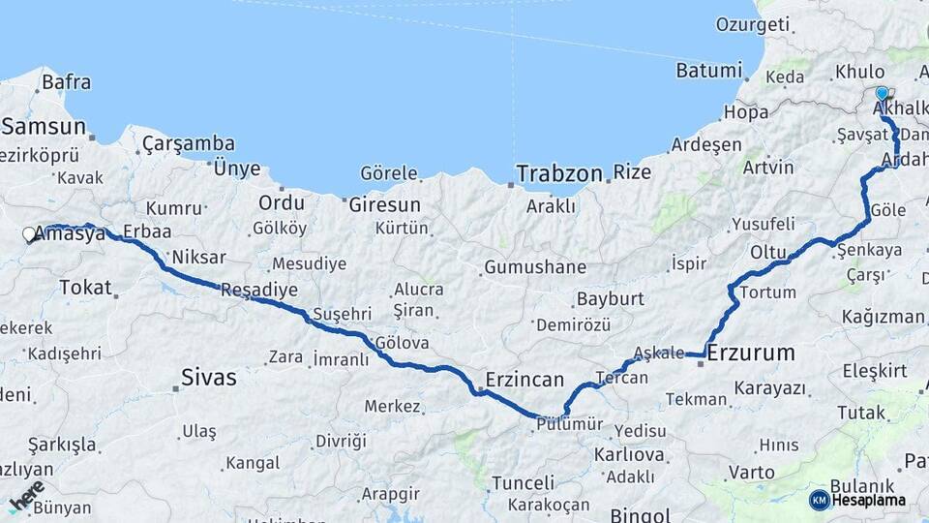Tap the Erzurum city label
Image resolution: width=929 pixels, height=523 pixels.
coord(751,353)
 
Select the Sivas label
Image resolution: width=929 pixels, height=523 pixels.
coord(209,377)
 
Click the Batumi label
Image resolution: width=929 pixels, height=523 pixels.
coord(709,70)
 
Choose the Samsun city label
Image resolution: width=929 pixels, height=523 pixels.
coord(45,126)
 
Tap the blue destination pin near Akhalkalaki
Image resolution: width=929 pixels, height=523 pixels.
coord(882,94)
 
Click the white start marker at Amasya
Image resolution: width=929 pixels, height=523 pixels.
coord(29,234)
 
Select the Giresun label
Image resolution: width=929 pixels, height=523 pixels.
coord(385,204)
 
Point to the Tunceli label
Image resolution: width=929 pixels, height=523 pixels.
coord(523,482)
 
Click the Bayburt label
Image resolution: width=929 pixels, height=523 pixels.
coord(610,298)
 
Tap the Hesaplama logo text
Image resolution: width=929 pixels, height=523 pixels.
coord(868,500)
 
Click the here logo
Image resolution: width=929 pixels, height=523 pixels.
coord(27,494)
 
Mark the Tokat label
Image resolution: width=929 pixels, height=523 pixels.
coord(85,287)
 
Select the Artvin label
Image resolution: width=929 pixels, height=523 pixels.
coord(767,168)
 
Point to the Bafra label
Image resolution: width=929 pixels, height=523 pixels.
coord(67,82)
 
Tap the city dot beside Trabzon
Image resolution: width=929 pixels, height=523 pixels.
coord(510,183)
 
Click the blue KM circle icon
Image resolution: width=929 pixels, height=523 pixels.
coord(819,500)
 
